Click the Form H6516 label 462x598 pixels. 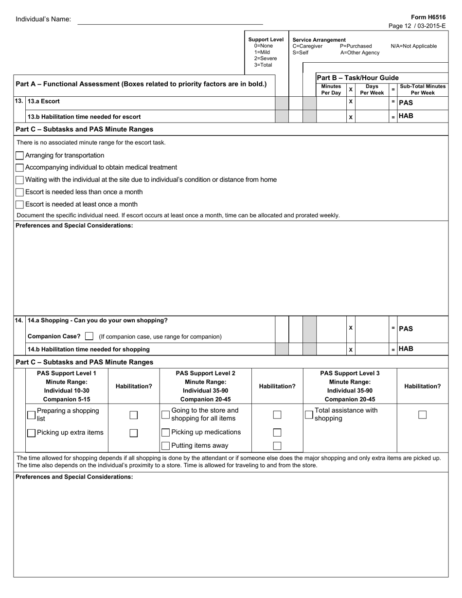(428, 17)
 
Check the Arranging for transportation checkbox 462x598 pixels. (19, 156)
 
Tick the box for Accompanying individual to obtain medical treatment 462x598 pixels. (19, 168)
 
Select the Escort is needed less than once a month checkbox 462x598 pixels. (19, 192)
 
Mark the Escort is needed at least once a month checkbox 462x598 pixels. (19, 205)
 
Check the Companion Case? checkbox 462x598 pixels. (89, 336)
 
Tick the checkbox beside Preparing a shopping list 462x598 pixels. (31, 415)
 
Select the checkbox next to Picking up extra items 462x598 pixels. (31, 433)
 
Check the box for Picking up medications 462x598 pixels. (165, 433)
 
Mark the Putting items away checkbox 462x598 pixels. (165, 445)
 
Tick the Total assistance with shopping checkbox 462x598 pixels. (309, 415)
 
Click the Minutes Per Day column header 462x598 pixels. (331, 89)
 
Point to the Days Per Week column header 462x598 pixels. (372, 89)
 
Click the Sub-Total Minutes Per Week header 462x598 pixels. (422, 89)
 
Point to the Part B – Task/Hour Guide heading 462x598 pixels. (357, 78)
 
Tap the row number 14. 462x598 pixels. (19, 320)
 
